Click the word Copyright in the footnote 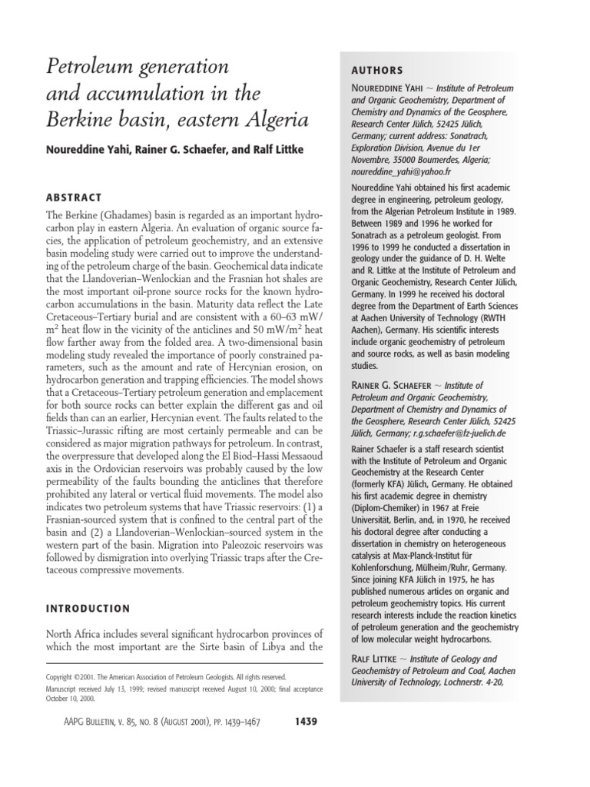[x=64, y=676]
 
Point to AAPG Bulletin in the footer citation [x=98, y=722]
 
